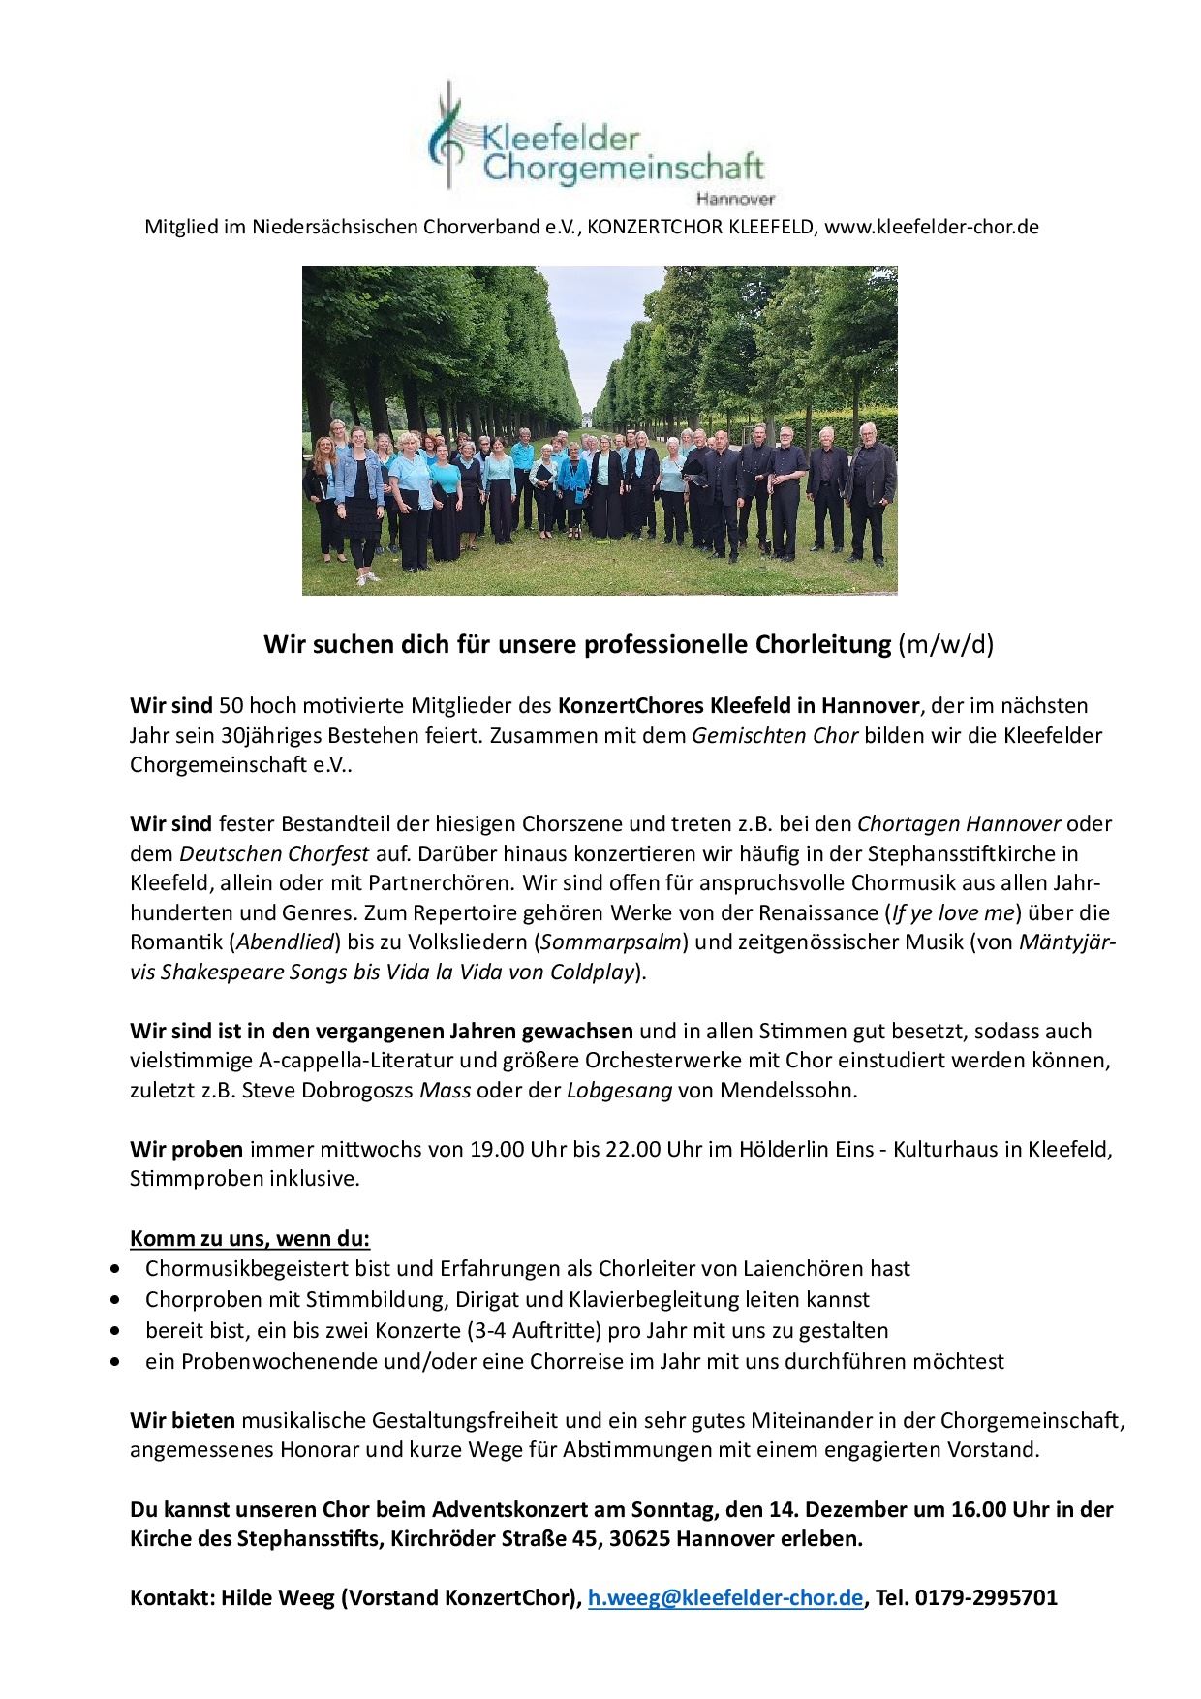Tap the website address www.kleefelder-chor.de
pyautogui.click(x=931, y=228)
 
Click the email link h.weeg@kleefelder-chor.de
pyautogui.click(x=725, y=1597)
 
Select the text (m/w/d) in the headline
pyautogui.click(x=945, y=645)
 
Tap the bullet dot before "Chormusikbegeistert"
pyautogui.click(x=117, y=1268)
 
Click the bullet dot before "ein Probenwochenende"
pyautogui.click(x=117, y=1361)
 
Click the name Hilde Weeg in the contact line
pyautogui.click(x=282, y=1597)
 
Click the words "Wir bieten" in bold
pyautogui.click(x=183, y=1421)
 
